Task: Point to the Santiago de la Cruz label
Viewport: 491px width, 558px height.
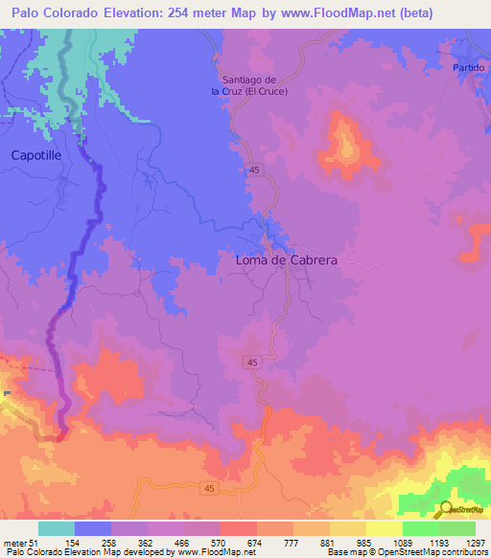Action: click(x=248, y=85)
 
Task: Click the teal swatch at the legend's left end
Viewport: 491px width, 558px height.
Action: click(x=57, y=528)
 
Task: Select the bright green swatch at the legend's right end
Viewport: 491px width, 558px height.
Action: click(x=457, y=528)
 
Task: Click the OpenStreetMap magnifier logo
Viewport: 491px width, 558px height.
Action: click(x=447, y=510)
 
